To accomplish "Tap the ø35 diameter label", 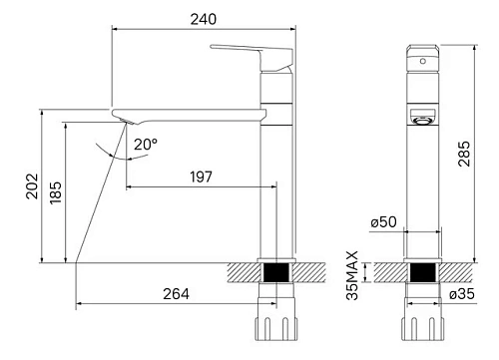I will (x=461, y=294).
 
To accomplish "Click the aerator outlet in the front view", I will (x=423, y=119).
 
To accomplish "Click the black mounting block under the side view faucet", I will (x=276, y=271).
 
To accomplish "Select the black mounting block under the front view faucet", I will (x=424, y=271).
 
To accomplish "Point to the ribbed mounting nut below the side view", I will (x=276, y=330).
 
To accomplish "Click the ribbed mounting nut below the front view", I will (x=424, y=330).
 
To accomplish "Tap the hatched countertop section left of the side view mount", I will (x=243, y=271).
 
